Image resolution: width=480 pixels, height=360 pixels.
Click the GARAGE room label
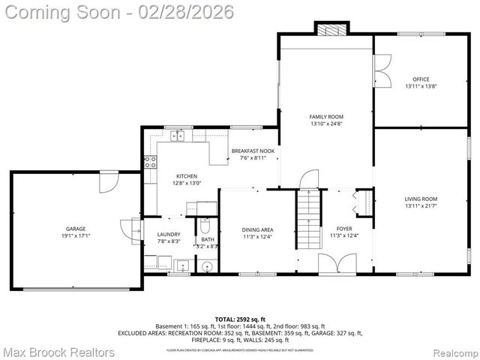(75, 229)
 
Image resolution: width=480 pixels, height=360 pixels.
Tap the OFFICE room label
(421, 79)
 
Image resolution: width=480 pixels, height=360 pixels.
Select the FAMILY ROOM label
(326, 116)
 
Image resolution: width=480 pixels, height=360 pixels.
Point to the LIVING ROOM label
(421, 199)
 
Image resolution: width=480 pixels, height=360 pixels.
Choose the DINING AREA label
(257, 229)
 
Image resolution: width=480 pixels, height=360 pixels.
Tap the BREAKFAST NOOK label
(253, 151)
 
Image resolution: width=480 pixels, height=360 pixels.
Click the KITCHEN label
(187, 176)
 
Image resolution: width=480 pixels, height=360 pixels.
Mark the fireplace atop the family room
(331, 29)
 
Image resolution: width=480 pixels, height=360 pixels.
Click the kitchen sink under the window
(178, 136)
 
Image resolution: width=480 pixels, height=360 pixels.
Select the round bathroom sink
(206, 265)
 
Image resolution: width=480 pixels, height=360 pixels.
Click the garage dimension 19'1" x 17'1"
(75, 235)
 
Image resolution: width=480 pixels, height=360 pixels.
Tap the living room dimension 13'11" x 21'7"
(421, 205)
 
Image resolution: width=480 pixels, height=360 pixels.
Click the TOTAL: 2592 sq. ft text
(240, 319)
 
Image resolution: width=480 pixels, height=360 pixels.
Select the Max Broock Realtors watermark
(58, 352)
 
